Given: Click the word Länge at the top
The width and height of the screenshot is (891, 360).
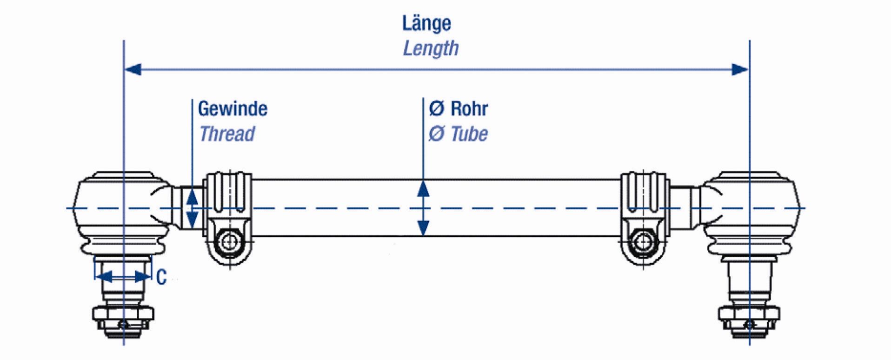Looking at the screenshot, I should tap(426, 24).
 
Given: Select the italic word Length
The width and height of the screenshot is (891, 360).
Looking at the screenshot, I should tap(431, 48).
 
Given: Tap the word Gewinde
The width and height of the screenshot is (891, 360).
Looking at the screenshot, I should tap(233, 109).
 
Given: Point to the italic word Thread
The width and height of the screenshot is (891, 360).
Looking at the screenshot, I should tap(227, 134).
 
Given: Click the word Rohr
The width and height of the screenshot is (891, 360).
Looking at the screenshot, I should tap(469, 109).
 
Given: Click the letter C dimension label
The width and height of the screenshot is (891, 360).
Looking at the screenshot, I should tap(161, 278).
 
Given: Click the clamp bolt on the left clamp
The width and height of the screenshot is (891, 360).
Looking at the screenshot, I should tap(229, 241).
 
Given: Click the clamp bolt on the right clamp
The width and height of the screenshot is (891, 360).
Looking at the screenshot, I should tap(644, 241).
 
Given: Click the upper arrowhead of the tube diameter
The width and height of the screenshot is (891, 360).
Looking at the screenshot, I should tap(423, 189).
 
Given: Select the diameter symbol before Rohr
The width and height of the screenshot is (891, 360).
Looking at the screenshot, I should tap(436, 109).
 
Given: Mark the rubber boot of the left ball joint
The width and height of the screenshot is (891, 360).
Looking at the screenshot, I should tap(123, 245).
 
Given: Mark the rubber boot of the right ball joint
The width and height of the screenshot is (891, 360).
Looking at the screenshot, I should tap(749, 245).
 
